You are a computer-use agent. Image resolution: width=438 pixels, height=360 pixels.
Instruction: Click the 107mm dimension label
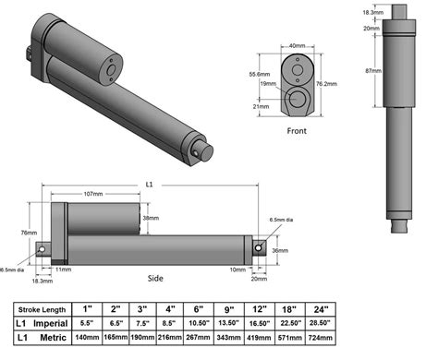coord(92,195)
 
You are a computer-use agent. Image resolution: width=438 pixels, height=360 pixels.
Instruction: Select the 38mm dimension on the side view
coord(150,219)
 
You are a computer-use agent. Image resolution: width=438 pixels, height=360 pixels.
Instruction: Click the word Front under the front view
coord(296,130)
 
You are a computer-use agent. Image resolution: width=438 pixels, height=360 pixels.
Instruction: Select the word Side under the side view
coord(156,277)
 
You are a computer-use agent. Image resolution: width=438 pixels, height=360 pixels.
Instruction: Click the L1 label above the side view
coord(151,185)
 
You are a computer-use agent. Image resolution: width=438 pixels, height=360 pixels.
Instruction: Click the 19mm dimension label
coord(266,84)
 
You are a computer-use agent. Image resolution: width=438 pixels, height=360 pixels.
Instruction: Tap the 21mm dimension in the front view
coord(262,106)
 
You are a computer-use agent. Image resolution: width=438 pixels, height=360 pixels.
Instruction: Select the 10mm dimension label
coord(237,270)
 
